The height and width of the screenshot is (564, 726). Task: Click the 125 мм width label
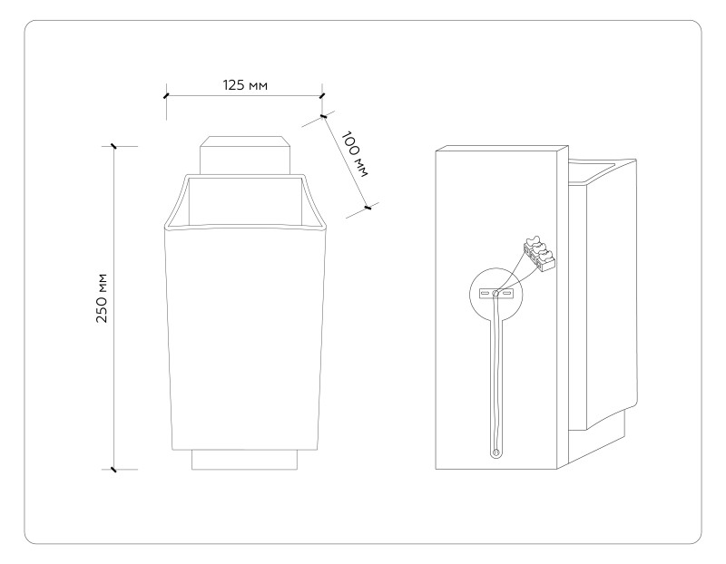click(x=245, y=84)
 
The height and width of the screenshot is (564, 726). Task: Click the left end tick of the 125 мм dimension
click(x=165, y=94)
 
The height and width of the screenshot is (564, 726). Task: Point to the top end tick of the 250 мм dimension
click(x=113, y=145)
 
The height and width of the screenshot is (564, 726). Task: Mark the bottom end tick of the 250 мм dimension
click(x=113, y=470)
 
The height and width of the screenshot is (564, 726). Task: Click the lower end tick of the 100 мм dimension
click(x=368, y=209)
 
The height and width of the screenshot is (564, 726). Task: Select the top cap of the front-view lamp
click(x=245, y=155)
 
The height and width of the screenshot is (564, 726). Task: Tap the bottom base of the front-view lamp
click(x=245, y=460)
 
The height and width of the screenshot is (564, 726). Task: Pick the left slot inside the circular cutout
click(x=485, y=293)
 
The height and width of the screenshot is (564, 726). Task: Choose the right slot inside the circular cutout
click(x=507, y=293)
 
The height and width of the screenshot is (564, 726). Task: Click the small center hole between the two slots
click(x=495, y=293)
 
